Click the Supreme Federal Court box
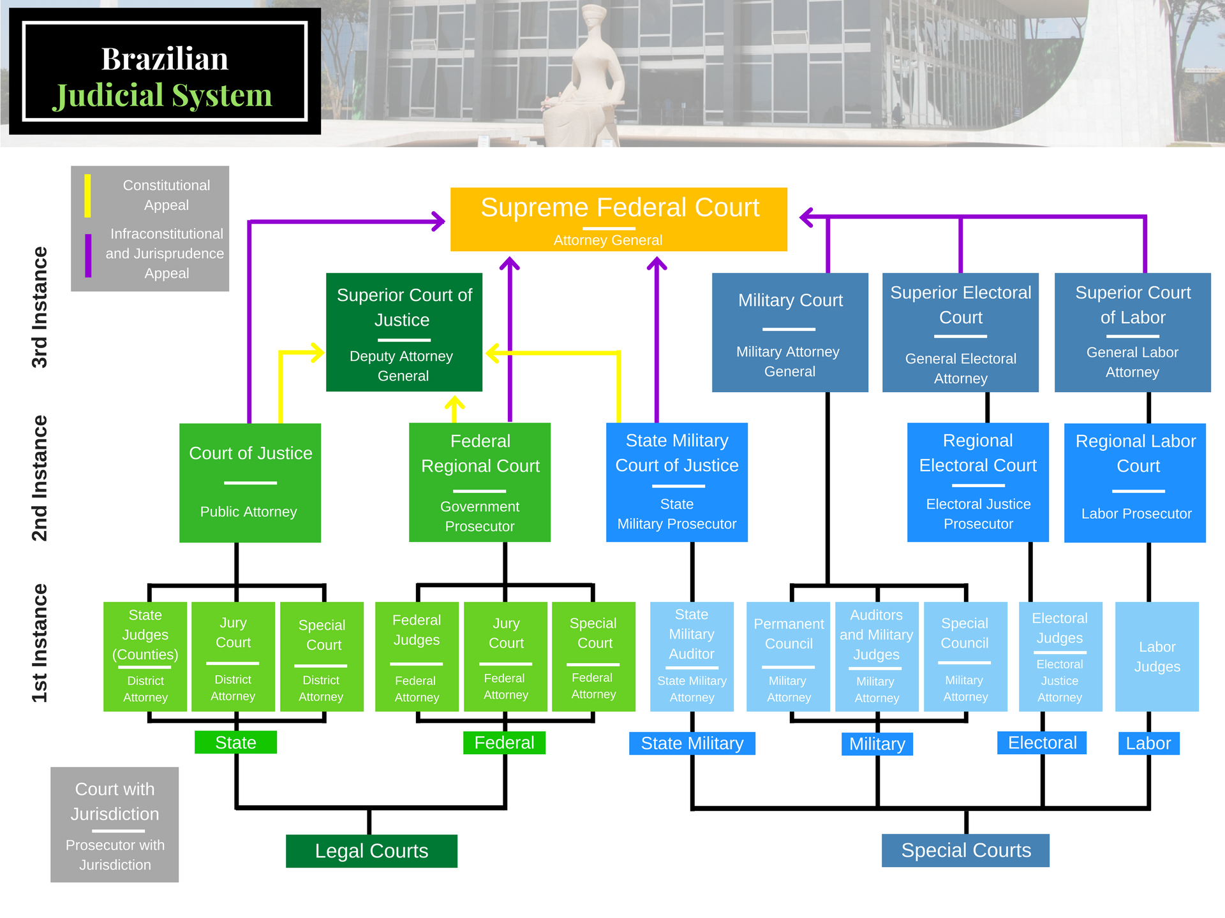618,219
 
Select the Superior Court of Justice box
404,332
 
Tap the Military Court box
790,332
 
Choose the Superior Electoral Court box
960,332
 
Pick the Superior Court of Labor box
1132,332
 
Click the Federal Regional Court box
480,483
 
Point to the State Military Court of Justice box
676,483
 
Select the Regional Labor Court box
1135,483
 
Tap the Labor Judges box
1157,657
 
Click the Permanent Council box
789,657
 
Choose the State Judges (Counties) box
145,657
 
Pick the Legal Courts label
371,851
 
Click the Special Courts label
965,850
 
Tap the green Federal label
504,743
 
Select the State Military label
692,743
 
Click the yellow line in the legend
88,196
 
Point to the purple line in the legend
88,255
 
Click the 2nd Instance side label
40,478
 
